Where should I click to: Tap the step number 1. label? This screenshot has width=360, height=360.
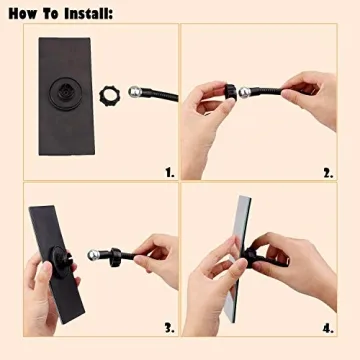(169, 171)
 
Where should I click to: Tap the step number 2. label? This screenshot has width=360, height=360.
(327, 171)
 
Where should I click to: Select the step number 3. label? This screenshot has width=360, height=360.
(169, 326)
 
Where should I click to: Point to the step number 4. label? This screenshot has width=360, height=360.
(327, 326)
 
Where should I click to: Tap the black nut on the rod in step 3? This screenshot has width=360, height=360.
(113, 258)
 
